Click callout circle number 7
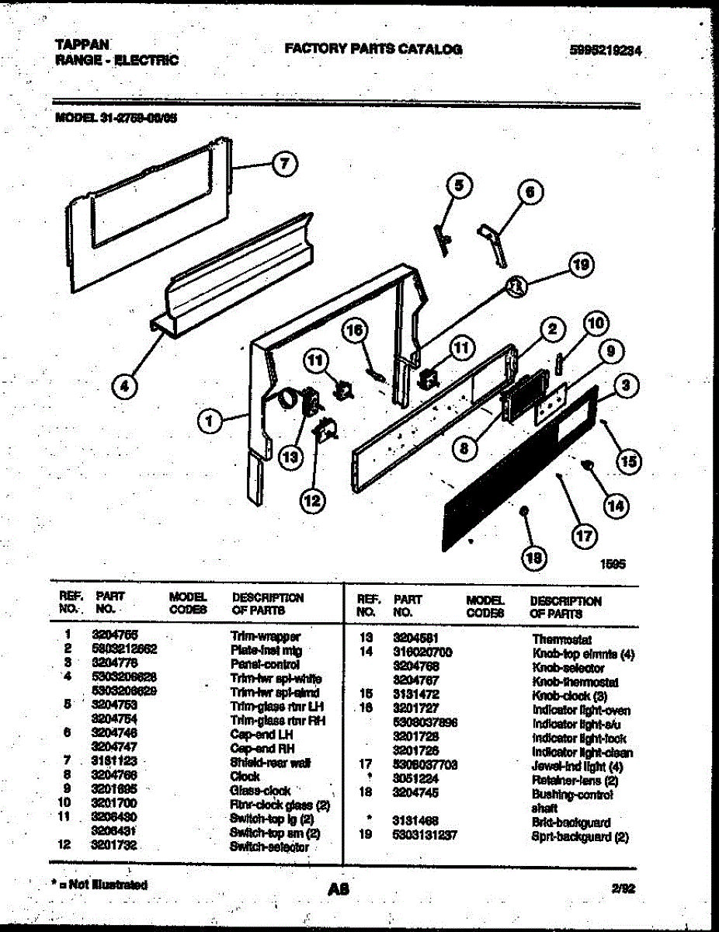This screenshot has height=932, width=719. tap(285, 164)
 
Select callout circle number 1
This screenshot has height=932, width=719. tap(207, 422)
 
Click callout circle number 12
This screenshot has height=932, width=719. tap(311, 502)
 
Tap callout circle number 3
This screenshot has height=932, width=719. tap(625, 384)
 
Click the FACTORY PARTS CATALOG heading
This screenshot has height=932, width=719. tap(373, 49)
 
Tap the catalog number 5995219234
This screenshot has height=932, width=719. tap(608, 51)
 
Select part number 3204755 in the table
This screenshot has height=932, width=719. tap(115, 635)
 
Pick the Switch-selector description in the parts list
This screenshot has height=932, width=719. tap(269, 847)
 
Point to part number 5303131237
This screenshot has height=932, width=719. tap(425, 836)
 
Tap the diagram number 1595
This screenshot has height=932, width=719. tap(613, 566)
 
